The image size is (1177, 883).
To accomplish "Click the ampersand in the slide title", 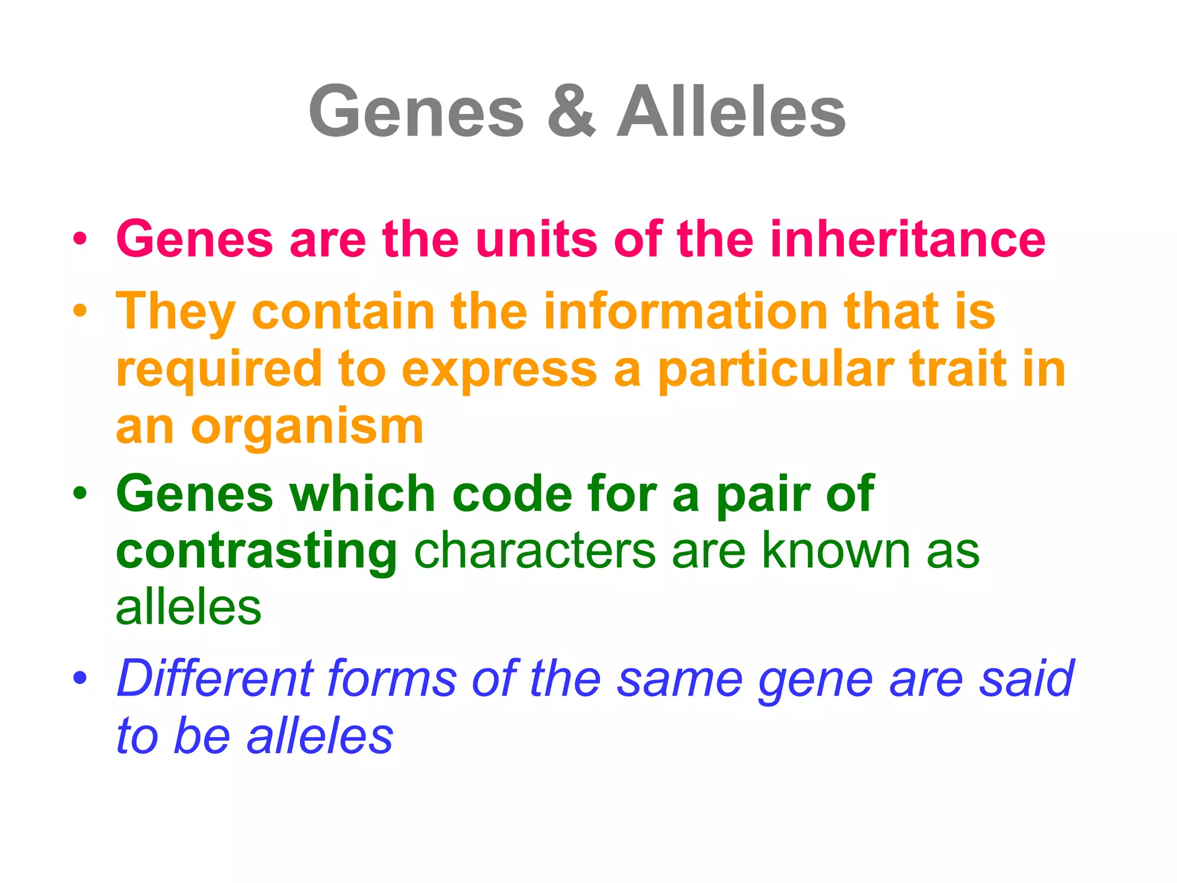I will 571,111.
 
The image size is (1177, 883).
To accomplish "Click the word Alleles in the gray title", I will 731,111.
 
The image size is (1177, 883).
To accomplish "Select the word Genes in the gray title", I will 417,111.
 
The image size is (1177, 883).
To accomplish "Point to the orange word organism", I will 307,428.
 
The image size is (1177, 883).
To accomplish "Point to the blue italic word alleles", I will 320,736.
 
